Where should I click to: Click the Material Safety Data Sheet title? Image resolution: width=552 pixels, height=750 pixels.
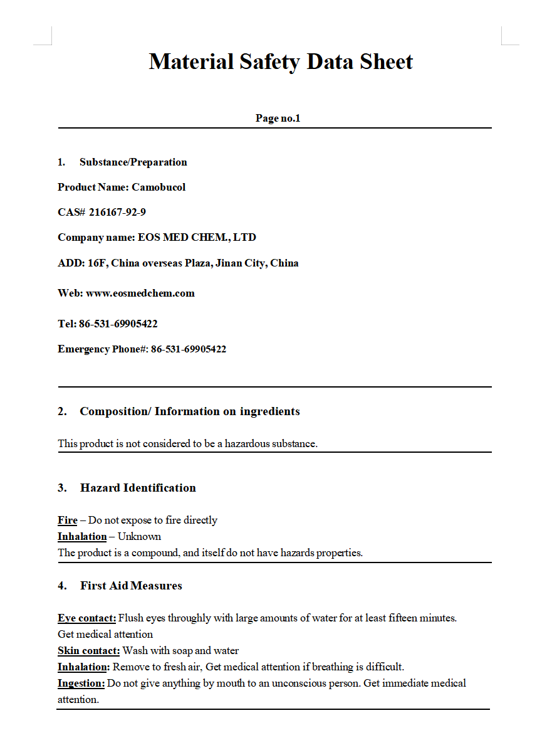tap(281, 62)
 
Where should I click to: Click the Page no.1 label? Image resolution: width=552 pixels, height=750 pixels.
tap(278, 118)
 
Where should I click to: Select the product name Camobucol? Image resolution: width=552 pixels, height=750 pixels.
tap(159, 187)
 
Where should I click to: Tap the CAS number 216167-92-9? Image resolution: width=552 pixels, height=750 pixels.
tap(117, 212)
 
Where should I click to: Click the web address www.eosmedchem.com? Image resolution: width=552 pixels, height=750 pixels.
tap(140, 293)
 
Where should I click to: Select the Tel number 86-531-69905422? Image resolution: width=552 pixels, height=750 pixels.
tap(118, 324)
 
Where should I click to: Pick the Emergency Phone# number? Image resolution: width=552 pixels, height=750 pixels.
tap(189, 349)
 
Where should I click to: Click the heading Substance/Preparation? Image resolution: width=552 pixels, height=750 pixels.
tap(133, 162)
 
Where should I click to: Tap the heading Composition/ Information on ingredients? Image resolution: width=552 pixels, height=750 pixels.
tap(189, 411)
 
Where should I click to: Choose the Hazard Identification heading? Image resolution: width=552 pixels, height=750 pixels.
tap(138, 488)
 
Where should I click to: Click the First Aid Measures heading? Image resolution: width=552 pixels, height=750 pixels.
tap(131, 586)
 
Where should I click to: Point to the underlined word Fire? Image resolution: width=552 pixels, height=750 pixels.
tap(68, 520)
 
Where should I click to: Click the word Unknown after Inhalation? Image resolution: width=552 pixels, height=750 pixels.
tap(139, 536)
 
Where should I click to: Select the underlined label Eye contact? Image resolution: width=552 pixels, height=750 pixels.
tap(87, 618)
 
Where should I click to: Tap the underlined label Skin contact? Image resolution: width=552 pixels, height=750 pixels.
tap(88, 650)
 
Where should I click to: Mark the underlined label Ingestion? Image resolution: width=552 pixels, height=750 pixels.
tap(81, 683)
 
